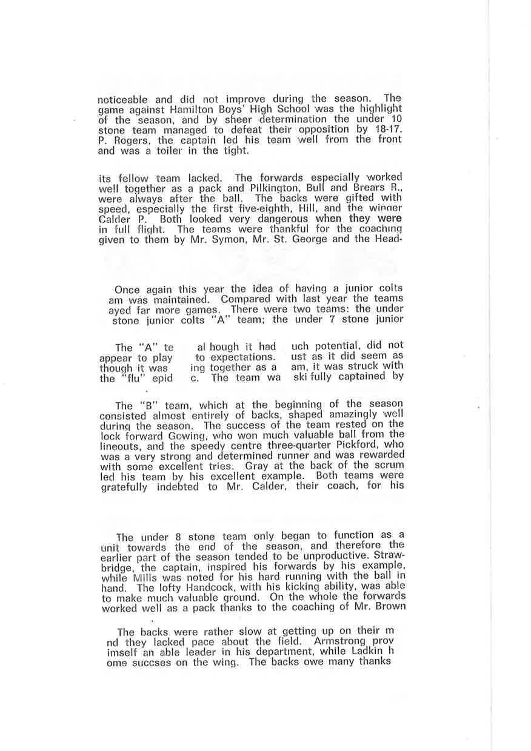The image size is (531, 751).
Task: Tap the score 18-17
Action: click(x=387, y=129)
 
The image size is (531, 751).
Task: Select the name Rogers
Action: click(x=125, y=140)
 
